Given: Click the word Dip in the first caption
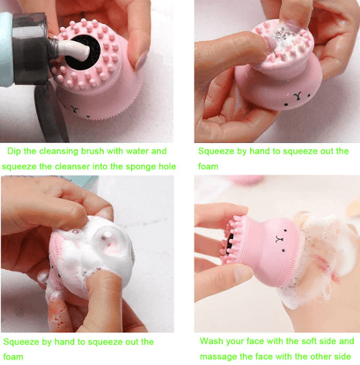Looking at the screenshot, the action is click(x=14, y=151).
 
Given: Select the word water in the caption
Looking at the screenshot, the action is click(x=137, y=151).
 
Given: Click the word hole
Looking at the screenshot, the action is click(x=167, y=166).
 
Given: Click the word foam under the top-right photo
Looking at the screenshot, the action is click(x=208, y=166).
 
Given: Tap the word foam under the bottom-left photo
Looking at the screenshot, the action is click(x=13, y=356).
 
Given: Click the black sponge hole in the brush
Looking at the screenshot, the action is click(x=82, y=53).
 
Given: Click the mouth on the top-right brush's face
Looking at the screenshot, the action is click(x=297, y=96).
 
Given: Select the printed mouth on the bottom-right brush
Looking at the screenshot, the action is click(x=279, y=239).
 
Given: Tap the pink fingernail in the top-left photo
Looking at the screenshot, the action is click(x=141, y=62).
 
